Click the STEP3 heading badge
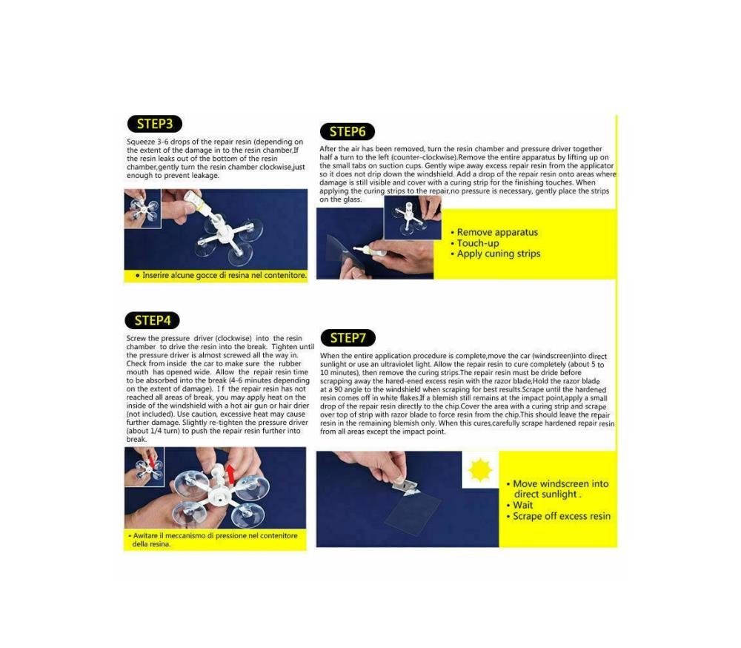click(x=155, y=124)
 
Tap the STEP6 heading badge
click(x=348, y=131)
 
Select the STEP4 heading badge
click(x=152, y=321)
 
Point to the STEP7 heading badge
click(x=348, y=338)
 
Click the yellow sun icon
click(x=480, y=470)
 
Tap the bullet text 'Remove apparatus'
click(x=497, y=232)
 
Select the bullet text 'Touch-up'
click(x=478, y=243)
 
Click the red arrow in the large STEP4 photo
click(x=230, y=475)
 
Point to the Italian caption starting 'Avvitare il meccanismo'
click(x=215, y=540)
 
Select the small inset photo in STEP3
click(x=143, y=208)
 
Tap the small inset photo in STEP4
click(x=144, y=466)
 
